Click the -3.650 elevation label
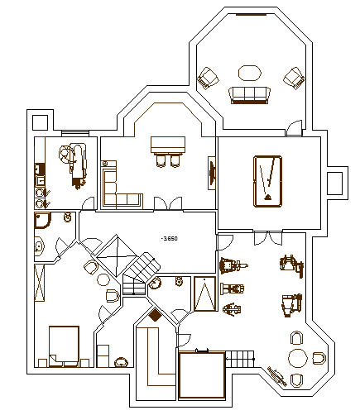[x=170, y=238]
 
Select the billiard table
[x=267, y=180]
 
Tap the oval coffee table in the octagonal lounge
[x=249, y=72]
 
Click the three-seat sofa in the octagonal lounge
[x=249, y=94]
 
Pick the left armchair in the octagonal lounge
[x=207, y=79]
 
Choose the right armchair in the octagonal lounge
[x=293, y=78]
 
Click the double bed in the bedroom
[x=64, y=345]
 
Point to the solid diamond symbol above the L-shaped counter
[x=155, y=314]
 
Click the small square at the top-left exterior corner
[x=39, y=122]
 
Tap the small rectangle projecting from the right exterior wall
[x=336, y=182]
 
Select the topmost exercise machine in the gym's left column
[x=229, y=266]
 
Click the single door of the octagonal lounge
[x=293, y=128]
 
